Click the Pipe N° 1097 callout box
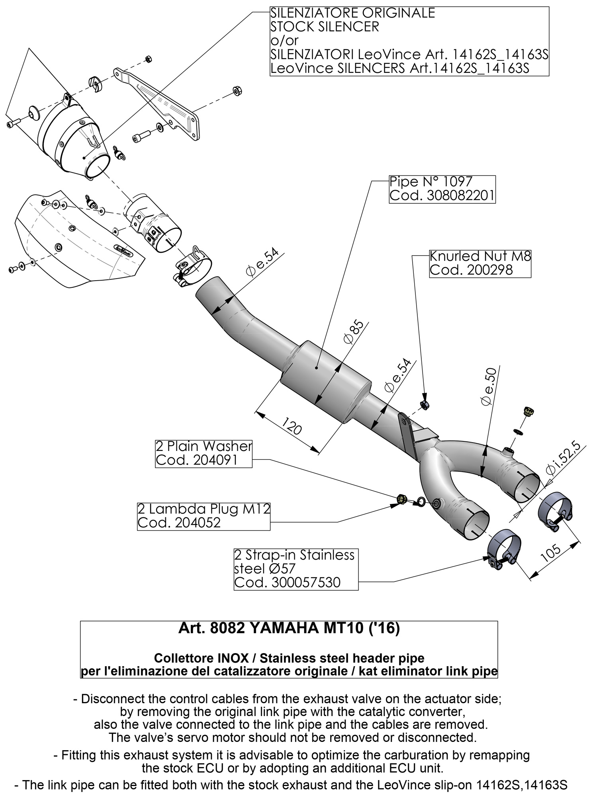(442, 189)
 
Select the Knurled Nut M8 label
(480, 256)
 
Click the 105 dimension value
(552, 553)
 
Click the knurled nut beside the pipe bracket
(425, 405)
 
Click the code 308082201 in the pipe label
(442, 196)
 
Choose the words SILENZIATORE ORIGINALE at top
(352, 13)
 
